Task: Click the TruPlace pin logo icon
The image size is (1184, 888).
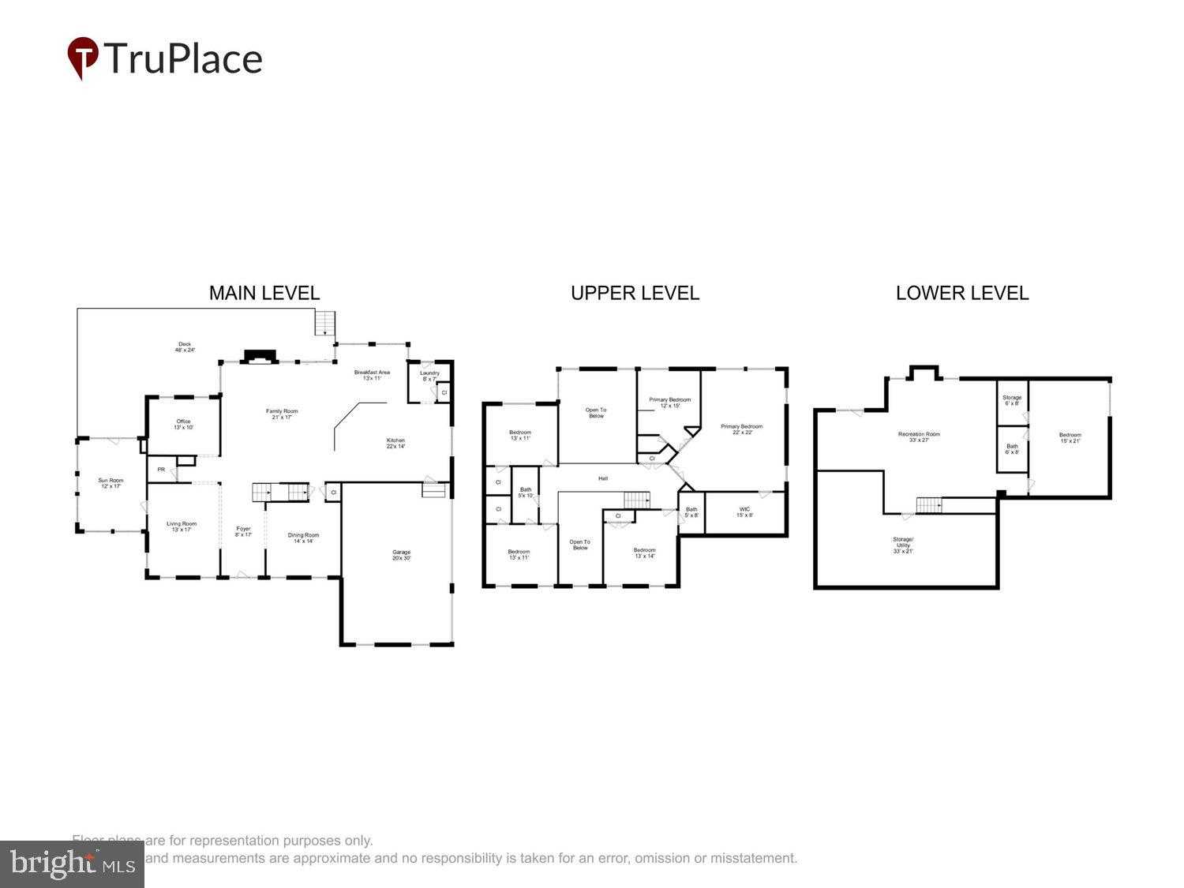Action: [82, 58]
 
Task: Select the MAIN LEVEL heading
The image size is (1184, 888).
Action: [264, 293]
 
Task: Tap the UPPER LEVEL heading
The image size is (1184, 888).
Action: [635, 293]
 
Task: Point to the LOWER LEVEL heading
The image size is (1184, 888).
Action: [961, 293]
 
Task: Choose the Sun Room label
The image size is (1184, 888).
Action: [111, 483]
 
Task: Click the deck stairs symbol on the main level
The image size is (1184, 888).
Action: [325, 322]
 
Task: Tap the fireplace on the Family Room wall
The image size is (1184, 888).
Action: [259, 357]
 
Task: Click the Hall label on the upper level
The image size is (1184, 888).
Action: [603, 478]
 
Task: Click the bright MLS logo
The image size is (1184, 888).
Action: [72, 864]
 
